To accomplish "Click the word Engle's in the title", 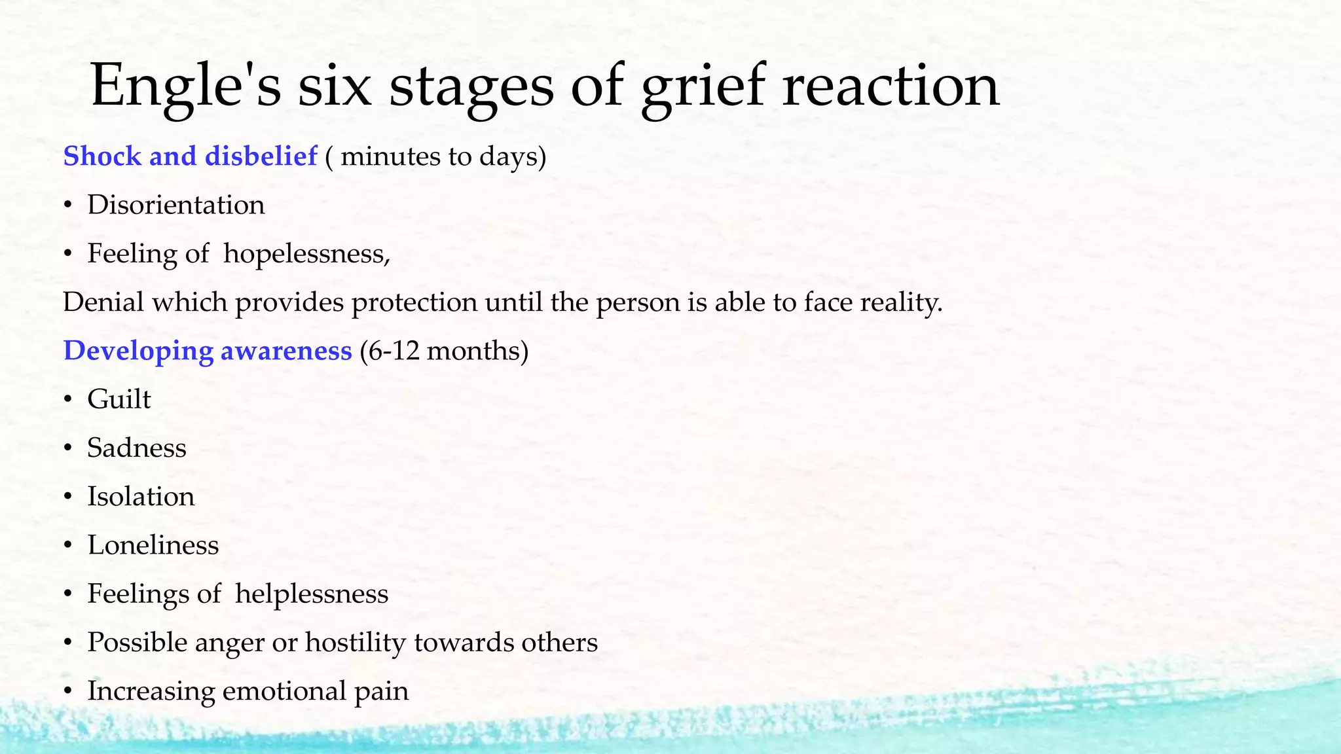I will coord(186,85).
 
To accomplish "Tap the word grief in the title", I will coord(703,85).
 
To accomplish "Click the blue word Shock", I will coord(102,156).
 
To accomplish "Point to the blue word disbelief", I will coord(261,156).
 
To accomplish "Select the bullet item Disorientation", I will coord(176,205).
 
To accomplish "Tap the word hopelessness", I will coord(306,254).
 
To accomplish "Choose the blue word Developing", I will coord(138,351).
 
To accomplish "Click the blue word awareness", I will coord(286,351).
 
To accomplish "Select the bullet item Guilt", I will coord(119,399).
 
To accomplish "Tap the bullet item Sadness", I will coord(137,448).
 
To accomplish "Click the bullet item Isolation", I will coord(141,497).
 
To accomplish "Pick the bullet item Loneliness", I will coord(153,545).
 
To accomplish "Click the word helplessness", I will coord(312,594).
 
